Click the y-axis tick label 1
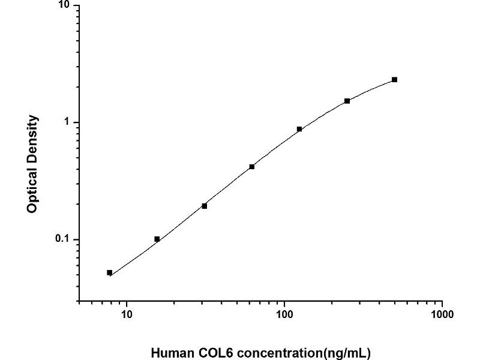coord(67,122)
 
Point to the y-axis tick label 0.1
coord(62,239)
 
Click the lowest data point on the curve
coord(110,272)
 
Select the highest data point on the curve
coord(394,80)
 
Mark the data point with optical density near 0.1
coord(157,239)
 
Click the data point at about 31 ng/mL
coord(205,206)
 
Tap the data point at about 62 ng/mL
coord(252,167)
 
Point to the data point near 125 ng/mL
coord(299,129)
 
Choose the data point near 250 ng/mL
coord(347,101)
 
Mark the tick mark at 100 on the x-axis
coord(284,303)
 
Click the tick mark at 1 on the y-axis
coord(77,122)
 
